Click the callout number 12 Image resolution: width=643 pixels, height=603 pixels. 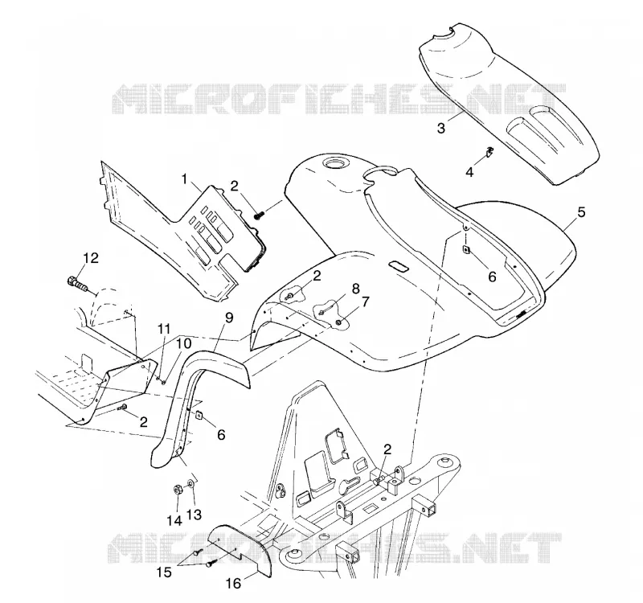91,258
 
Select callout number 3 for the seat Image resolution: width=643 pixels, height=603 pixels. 440,128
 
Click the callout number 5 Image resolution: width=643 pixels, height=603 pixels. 581,212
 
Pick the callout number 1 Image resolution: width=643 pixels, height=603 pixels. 185,179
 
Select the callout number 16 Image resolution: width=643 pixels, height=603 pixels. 234,584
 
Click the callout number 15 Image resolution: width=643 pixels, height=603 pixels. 165,572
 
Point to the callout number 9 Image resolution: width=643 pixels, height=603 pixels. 229,317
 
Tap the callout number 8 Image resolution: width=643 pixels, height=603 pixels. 355,289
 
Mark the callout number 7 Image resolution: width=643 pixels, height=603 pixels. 364,302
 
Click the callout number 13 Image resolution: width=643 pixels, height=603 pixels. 194,514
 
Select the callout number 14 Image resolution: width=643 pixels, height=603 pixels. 174,520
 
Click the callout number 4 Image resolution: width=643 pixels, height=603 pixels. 469,172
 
